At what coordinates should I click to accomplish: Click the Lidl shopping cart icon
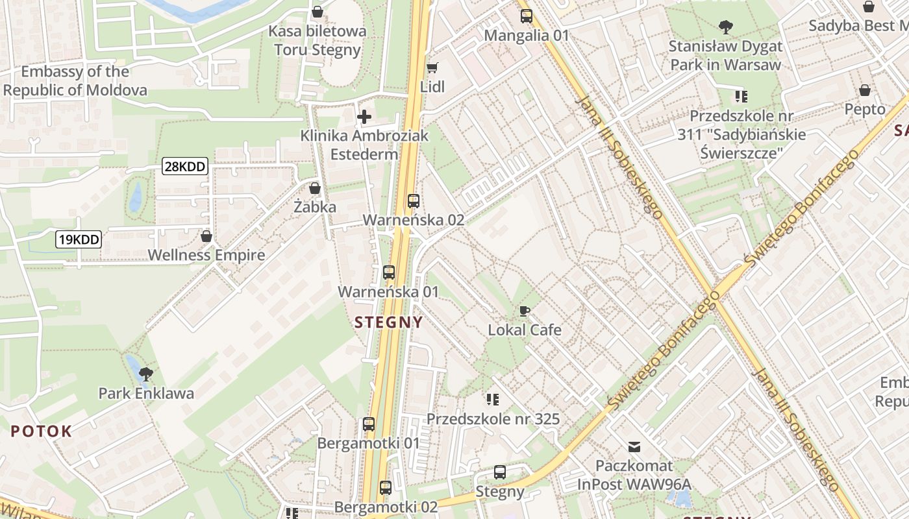432,67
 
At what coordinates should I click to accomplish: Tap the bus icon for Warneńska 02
414,201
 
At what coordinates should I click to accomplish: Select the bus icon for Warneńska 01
389,272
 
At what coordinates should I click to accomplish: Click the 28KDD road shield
185,167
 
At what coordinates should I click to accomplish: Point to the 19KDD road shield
79,239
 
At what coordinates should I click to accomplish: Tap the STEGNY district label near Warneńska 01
388,322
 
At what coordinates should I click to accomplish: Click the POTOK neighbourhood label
41,431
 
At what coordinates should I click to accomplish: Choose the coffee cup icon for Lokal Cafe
525,311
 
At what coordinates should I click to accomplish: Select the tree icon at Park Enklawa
146,374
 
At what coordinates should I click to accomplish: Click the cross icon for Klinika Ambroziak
364,117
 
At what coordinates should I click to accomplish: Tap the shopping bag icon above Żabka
315,188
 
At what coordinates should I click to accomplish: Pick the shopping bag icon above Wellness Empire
206,236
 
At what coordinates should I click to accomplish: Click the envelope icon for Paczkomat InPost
634,447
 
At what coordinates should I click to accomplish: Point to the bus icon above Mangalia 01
526,16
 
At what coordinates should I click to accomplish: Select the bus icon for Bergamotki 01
369,424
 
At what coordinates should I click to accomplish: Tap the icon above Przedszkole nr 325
493,399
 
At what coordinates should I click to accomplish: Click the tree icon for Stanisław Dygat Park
725,27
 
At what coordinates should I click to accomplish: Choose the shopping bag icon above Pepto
865,90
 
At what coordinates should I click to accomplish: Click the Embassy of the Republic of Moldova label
75,80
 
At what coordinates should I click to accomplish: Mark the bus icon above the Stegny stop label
499,472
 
